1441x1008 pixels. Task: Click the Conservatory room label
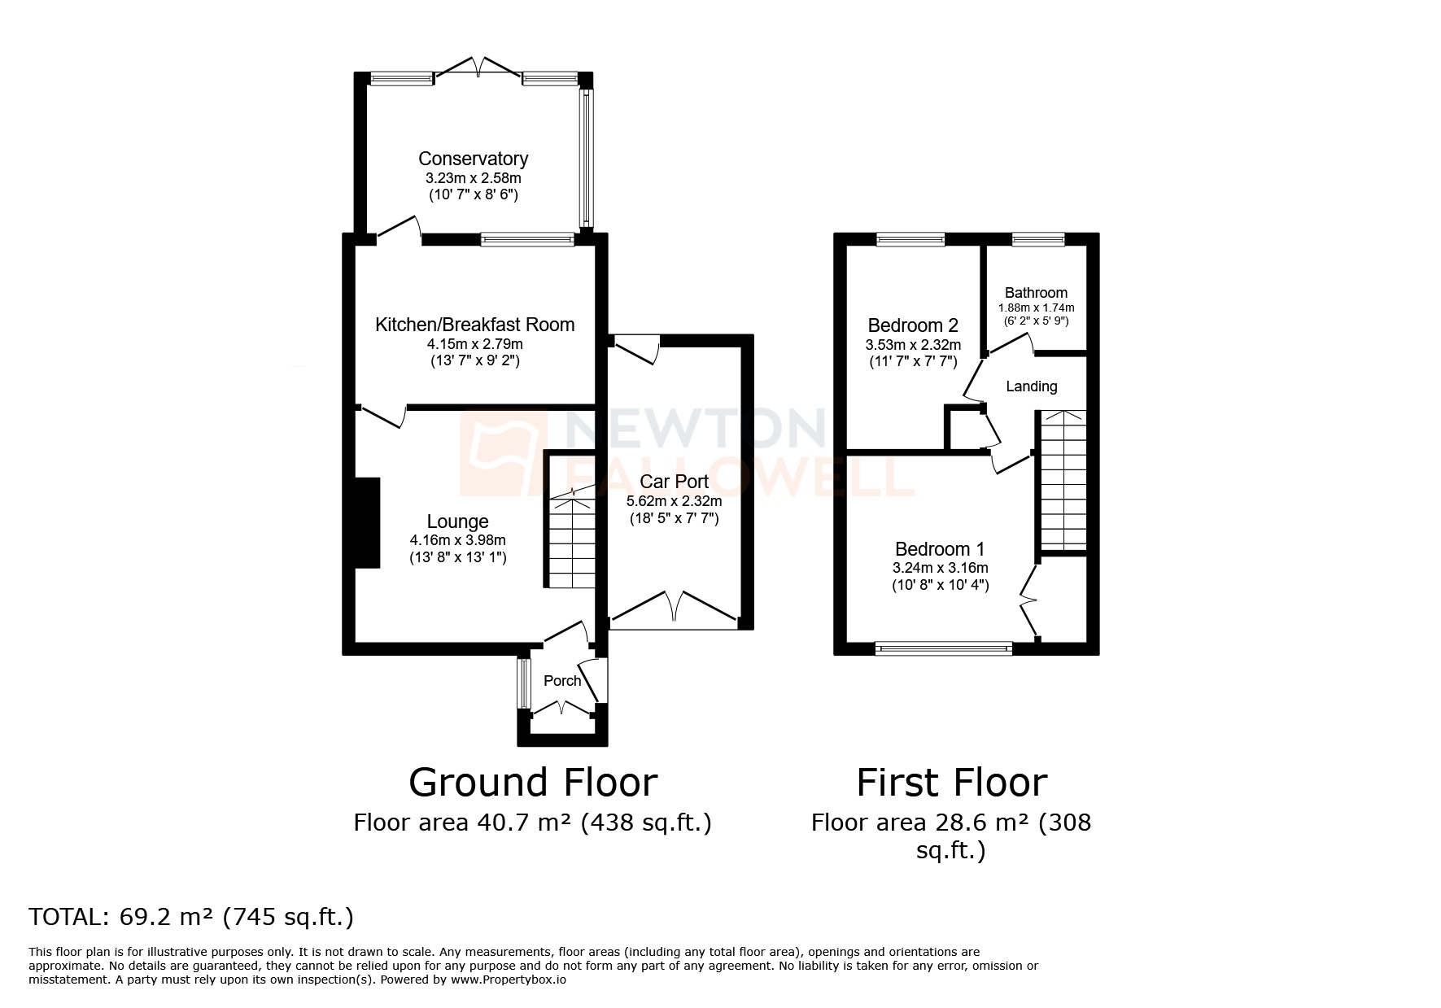pyautogui.click(x=473, y=159)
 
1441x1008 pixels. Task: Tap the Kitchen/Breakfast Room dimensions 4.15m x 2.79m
pyautogui.click(x=474, y=343)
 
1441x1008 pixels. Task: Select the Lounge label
pyautogui.click(x=457, y=521)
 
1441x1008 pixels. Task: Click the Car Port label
pyautogui.click(x=674, y=482)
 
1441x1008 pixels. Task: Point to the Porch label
pyautogui.click(x=562, y=681)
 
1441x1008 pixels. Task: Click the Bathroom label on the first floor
pyautogui.click(x=1036, y=293)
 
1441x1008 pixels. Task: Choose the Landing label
pyautogui.click(x=1031, y=386)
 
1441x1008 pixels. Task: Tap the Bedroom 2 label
pyautogui.click(x=912, y=325)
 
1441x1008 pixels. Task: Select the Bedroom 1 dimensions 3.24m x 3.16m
pyautogui.click(x=941, y=568)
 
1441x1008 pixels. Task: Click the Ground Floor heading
pyautogui.click(x=532, y=783)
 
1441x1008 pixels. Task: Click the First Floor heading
pyautogui.click(x=951, y=783)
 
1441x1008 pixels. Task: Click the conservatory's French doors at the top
pyautogui.click(x=478, y=68)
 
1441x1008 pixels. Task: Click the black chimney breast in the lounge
pyautogui.click(x=369, y=522)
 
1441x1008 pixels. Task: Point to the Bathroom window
pyautogui.click(x=1037, y=239)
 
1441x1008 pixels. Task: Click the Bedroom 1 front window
pyautogui.click(x=943, y=648)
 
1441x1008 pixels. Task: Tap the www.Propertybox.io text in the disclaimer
pyautogui.click(x=509, y=980)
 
